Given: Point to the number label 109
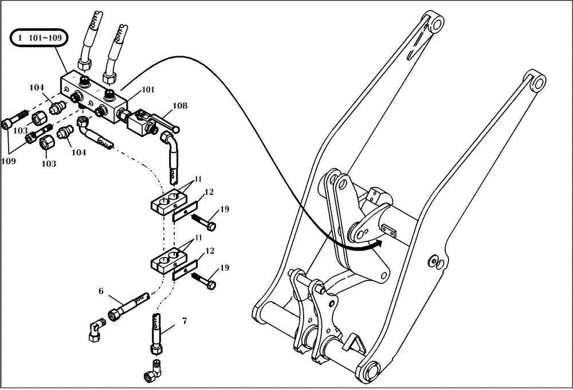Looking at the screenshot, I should (x=9, y=161).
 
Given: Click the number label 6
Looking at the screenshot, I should (x=101, y=291).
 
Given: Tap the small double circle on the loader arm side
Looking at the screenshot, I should (x=437, y=263).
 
